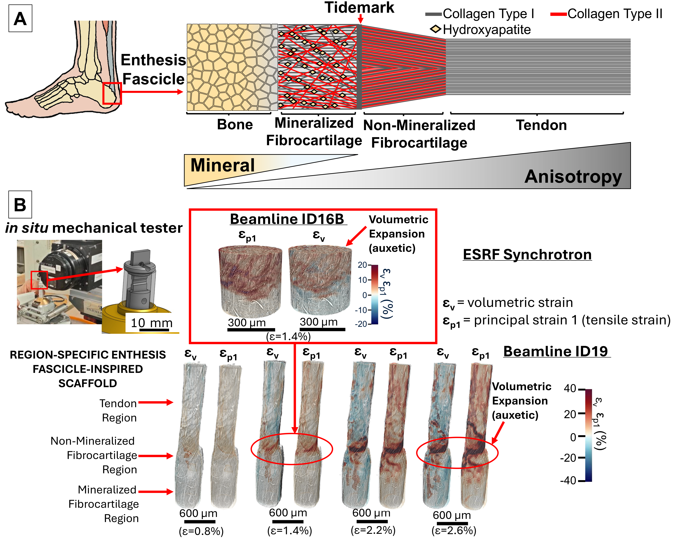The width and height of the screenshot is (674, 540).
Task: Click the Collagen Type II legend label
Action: (615, 14)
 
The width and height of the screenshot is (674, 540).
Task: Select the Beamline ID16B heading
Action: (287, 219)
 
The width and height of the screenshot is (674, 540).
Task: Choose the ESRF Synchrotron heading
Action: (527, 255)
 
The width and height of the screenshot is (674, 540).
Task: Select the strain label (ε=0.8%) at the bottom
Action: (201, 531)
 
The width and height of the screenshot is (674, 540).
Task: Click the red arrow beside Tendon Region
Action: (156, 402)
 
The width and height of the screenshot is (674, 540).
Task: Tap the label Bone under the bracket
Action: (235, 125)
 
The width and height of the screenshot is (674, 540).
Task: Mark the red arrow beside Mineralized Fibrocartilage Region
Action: (156, 492)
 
